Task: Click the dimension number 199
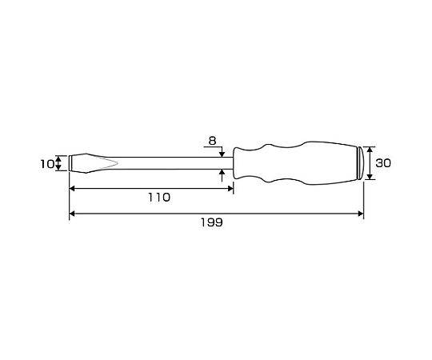[211, 222]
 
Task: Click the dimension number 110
[159, 198]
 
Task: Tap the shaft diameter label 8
[212, 141]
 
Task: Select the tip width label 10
[47, 165]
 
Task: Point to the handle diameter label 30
[383, 163]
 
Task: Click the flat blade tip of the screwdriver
[70, 163]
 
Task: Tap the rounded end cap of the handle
[361, 163]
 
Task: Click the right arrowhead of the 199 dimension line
[361, 214]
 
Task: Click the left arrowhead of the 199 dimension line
[72, 214]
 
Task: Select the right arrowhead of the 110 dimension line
[230, 189]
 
